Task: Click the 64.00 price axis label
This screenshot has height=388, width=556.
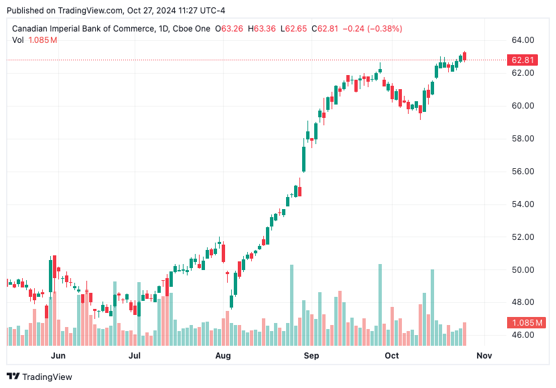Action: (x=523, y=40)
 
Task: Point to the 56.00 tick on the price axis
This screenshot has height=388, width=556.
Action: (x=523, y=172)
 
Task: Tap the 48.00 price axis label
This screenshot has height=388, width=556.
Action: (x=523, y=302)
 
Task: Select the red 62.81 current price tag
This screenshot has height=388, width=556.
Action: (x=523, y=60)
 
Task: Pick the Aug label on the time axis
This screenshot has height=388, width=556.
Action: (x=223, y=355)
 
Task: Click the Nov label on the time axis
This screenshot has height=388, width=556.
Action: (x=484, y=355)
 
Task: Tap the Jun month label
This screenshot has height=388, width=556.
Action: (x=58, y=355)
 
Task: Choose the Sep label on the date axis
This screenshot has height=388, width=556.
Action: (x=311, y=355)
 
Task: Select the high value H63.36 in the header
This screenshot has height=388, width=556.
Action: (x=262, y=29)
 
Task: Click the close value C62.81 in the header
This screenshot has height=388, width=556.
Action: (x=324, y=29)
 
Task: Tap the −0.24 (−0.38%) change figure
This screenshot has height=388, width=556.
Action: (x=372, y=29)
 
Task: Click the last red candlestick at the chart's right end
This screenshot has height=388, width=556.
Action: (x=464, y=56)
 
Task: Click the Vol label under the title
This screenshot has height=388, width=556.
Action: (x=19, y=40)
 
